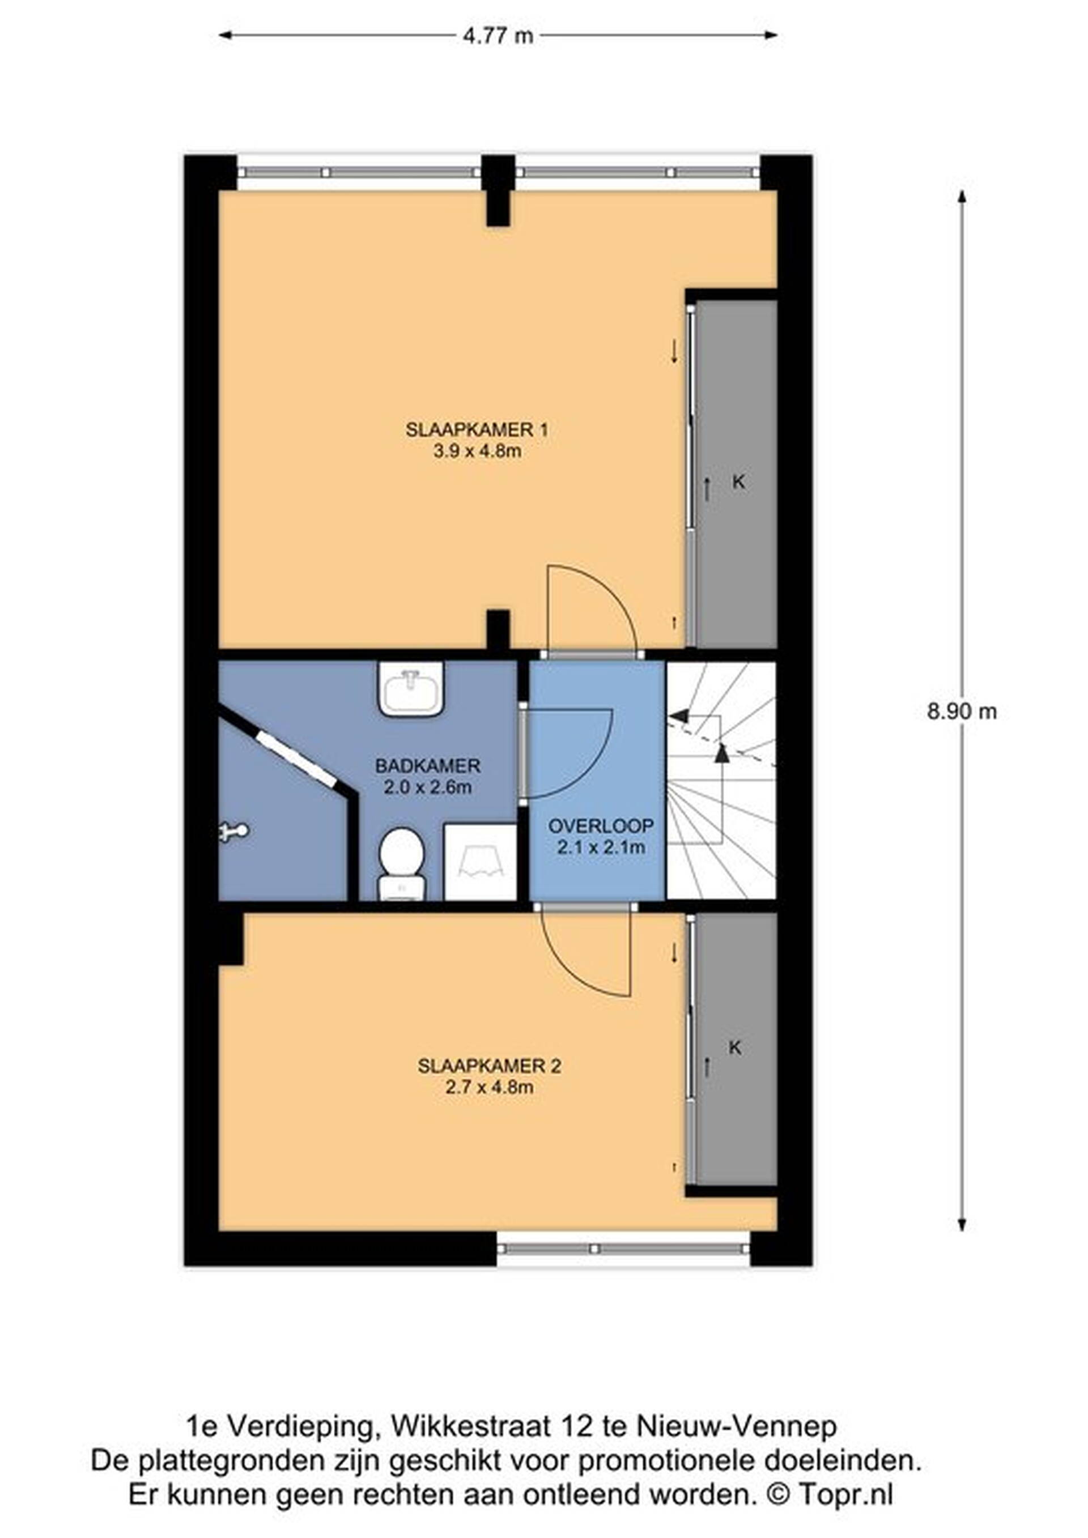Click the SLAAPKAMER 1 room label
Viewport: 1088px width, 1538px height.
point(477,429)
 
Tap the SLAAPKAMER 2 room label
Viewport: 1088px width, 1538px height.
point(489,1066)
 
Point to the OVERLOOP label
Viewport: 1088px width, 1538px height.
point(600,826)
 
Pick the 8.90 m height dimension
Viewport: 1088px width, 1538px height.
point(962,712)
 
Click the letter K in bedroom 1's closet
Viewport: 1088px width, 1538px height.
point(739,482)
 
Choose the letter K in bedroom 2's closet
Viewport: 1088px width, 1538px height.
point(735,1047)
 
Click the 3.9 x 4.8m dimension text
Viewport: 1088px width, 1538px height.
point(477,451)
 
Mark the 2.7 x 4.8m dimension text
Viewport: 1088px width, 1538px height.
point(489,1087)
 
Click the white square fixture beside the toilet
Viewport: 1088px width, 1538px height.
point(481,862)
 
